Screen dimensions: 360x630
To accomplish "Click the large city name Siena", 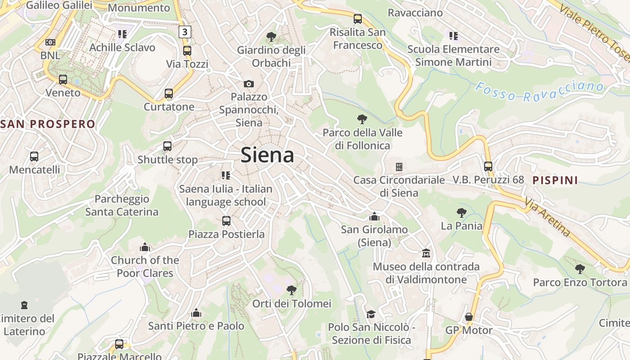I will [x=267, y=155].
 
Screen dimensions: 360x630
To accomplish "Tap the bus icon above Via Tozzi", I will [x=187, y=51].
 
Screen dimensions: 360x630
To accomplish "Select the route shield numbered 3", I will [x=184, y=32].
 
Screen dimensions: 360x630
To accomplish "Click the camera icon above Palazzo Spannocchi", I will [x=248, y=84].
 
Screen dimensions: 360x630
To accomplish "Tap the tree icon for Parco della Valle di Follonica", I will [x=362, y=119].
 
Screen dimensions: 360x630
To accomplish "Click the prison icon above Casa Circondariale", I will [x=399, y=167].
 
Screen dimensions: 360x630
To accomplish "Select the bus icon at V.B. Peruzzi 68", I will [x=488, y=166].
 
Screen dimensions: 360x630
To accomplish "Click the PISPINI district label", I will [x=555, y=180].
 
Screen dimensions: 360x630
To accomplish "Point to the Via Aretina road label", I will [x=547, y=219].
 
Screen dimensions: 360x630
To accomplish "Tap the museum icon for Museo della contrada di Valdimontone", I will [x=426, y=253].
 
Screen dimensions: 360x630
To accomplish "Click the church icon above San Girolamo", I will [x=374, y=216].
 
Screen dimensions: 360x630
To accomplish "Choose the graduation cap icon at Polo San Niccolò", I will [x=371, y=314].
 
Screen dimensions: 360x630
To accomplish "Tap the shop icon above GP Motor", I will [x=469, y=317].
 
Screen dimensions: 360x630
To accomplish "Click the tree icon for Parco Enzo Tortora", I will [x=580, y=269].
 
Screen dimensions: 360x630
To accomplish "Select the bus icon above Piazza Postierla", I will [x=226, y=221].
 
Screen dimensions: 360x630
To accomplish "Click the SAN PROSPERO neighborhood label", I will [x=48, y=124].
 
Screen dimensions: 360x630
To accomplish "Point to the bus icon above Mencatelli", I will [x=34, y=157].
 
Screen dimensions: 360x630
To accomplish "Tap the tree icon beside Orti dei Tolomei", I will [x=292, y=290].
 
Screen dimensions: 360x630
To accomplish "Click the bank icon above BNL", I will [x=50, y=42].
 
